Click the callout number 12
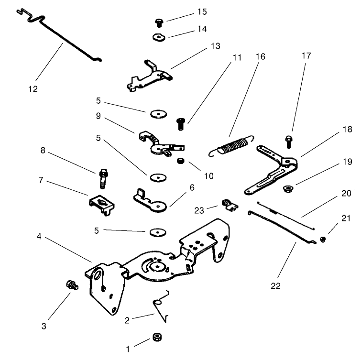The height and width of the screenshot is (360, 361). [x=33, y=89]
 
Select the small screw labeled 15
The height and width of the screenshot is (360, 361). [x=159, y=22]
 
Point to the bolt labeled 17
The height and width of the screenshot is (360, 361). [x=289, y=142]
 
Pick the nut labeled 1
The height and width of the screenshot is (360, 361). [x=156, y=337]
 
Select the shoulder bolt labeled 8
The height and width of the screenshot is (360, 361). [x=103, y=177]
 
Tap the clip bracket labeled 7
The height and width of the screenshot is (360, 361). [x=101, y=203]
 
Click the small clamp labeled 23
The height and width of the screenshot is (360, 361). [x=229, y=205]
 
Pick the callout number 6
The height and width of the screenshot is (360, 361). [x=192, y=188]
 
